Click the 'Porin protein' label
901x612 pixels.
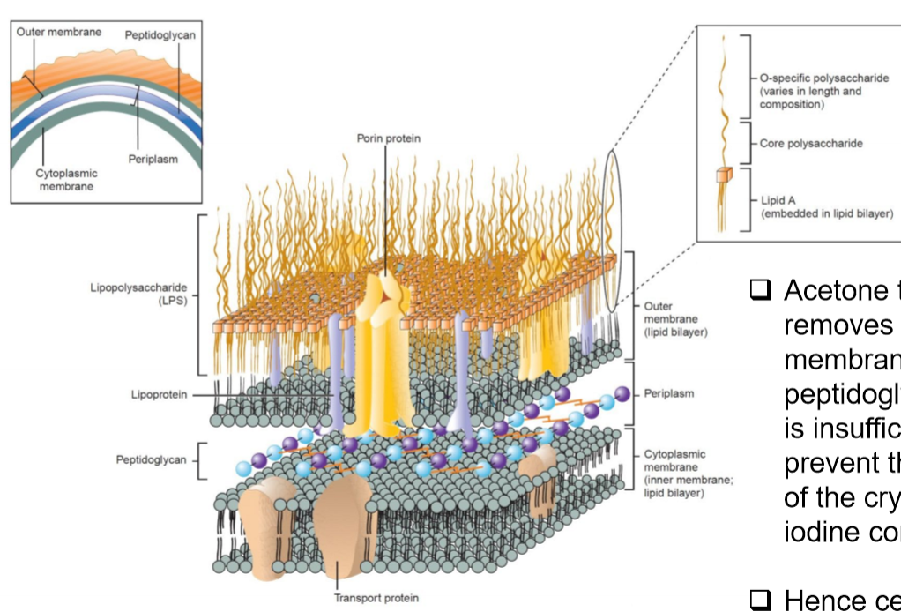(x=388, y=138)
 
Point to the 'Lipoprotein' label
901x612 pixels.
(x=158, y=395)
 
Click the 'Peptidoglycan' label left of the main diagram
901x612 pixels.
(x=151, y=459)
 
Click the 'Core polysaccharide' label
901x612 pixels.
(x=811, y=143)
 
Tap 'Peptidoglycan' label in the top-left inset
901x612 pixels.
(x=160, y=34)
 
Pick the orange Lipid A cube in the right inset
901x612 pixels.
(x=724, y=175)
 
